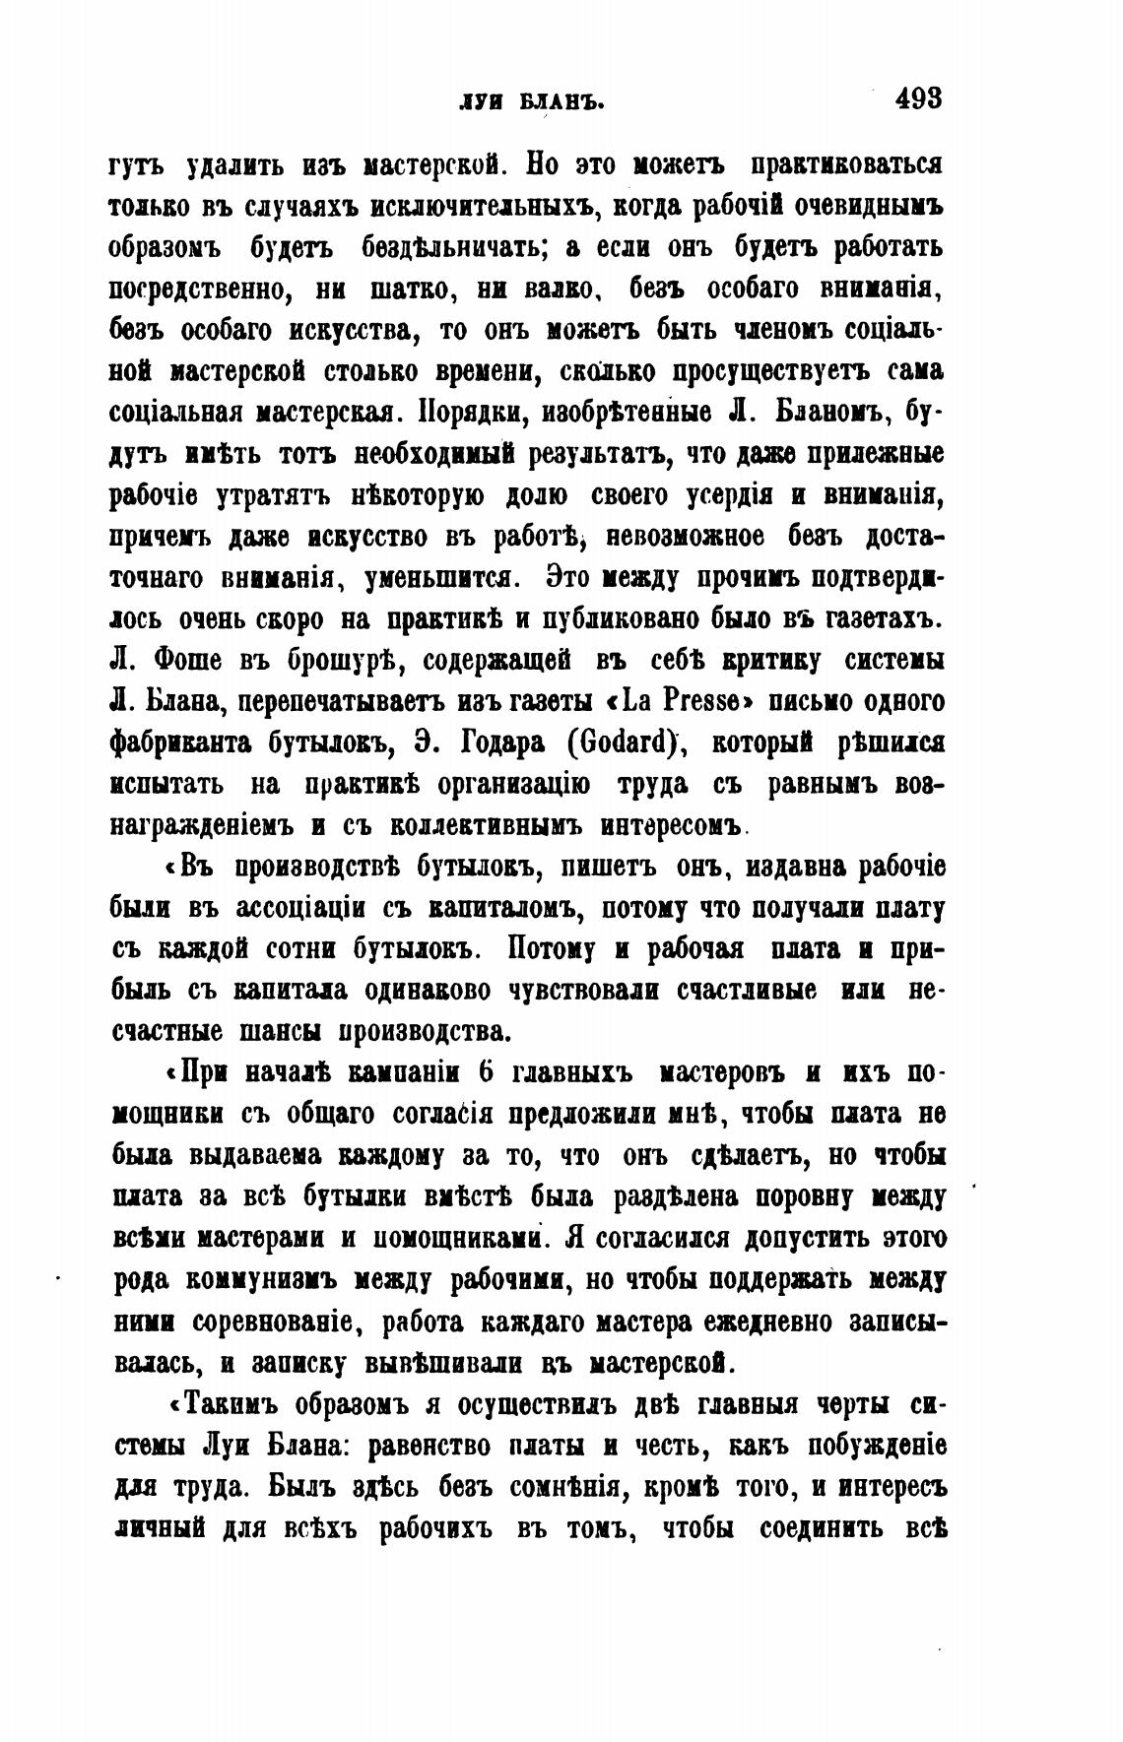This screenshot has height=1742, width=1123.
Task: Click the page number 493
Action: click(x=918, y=98)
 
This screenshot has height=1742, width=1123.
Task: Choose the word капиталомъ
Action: click(x=503, y=908)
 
